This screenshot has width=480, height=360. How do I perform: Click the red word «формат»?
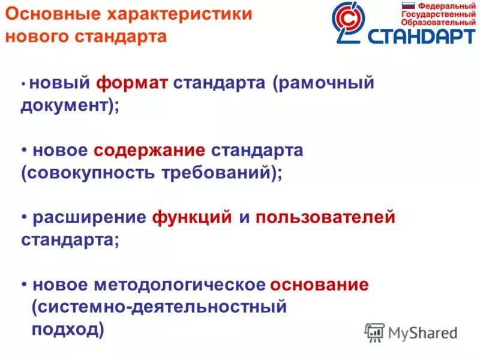(133, 83)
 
